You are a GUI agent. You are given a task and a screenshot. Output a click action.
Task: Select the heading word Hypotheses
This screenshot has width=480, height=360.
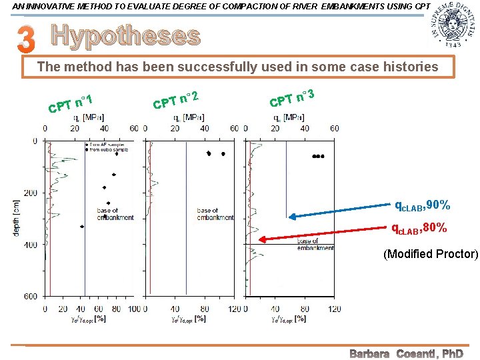pyautogui.click(x=125, y=37)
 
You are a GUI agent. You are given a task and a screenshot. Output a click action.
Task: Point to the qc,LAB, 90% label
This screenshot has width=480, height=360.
pyautogui.click(x=422, y=205)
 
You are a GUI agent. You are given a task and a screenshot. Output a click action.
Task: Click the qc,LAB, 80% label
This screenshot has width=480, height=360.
pyautogui.click(x=419, y=228)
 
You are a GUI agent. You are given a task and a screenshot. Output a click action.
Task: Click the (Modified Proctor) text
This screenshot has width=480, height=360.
pyautogui.click(x=431, y=254)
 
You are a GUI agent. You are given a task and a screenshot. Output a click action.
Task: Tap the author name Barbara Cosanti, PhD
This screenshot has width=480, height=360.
pyautogui.click(x=406, y=353)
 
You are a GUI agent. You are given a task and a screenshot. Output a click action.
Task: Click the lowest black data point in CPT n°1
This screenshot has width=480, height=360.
pyautogui.click(x=82, y=227)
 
